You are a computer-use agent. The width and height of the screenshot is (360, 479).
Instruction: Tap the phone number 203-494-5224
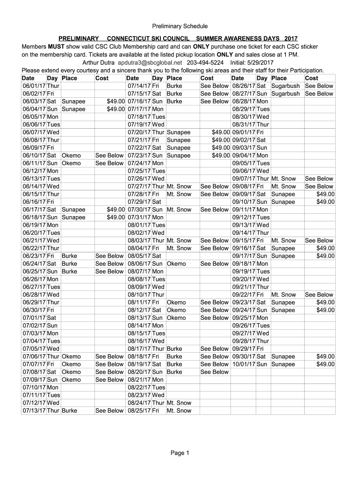coord(205,63)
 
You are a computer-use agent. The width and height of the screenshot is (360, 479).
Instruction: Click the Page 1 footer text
coord(180,453)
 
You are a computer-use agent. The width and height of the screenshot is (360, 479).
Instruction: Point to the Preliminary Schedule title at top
coord(180,26)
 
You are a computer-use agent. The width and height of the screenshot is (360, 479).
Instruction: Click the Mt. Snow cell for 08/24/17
coord(179,403)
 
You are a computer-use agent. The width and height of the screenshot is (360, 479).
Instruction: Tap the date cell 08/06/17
coord(139,264)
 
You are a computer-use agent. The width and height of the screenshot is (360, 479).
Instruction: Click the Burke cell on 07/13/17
coord(69,411)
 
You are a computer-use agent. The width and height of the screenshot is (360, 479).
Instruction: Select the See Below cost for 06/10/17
coord(109,156)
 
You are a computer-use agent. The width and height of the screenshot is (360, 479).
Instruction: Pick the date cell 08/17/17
coord(139,349)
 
